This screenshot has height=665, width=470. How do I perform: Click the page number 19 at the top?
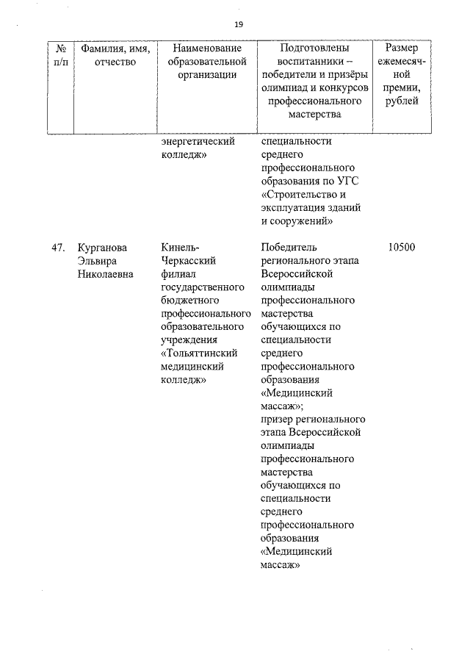tap(239, 24)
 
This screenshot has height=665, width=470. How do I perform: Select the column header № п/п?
tap(61, 55)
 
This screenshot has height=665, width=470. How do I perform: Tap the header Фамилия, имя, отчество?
tap(115, 55)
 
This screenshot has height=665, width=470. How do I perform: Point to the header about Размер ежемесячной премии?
tap(402, 74)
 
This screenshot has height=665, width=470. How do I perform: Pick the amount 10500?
tap(402, 248)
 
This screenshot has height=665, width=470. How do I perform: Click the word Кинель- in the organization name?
tap(179, 248)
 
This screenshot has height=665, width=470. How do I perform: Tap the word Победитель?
tap(289, 248)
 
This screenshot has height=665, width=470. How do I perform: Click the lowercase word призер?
tap(278, 420)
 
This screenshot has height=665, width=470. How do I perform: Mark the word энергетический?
tap(198, 142)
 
